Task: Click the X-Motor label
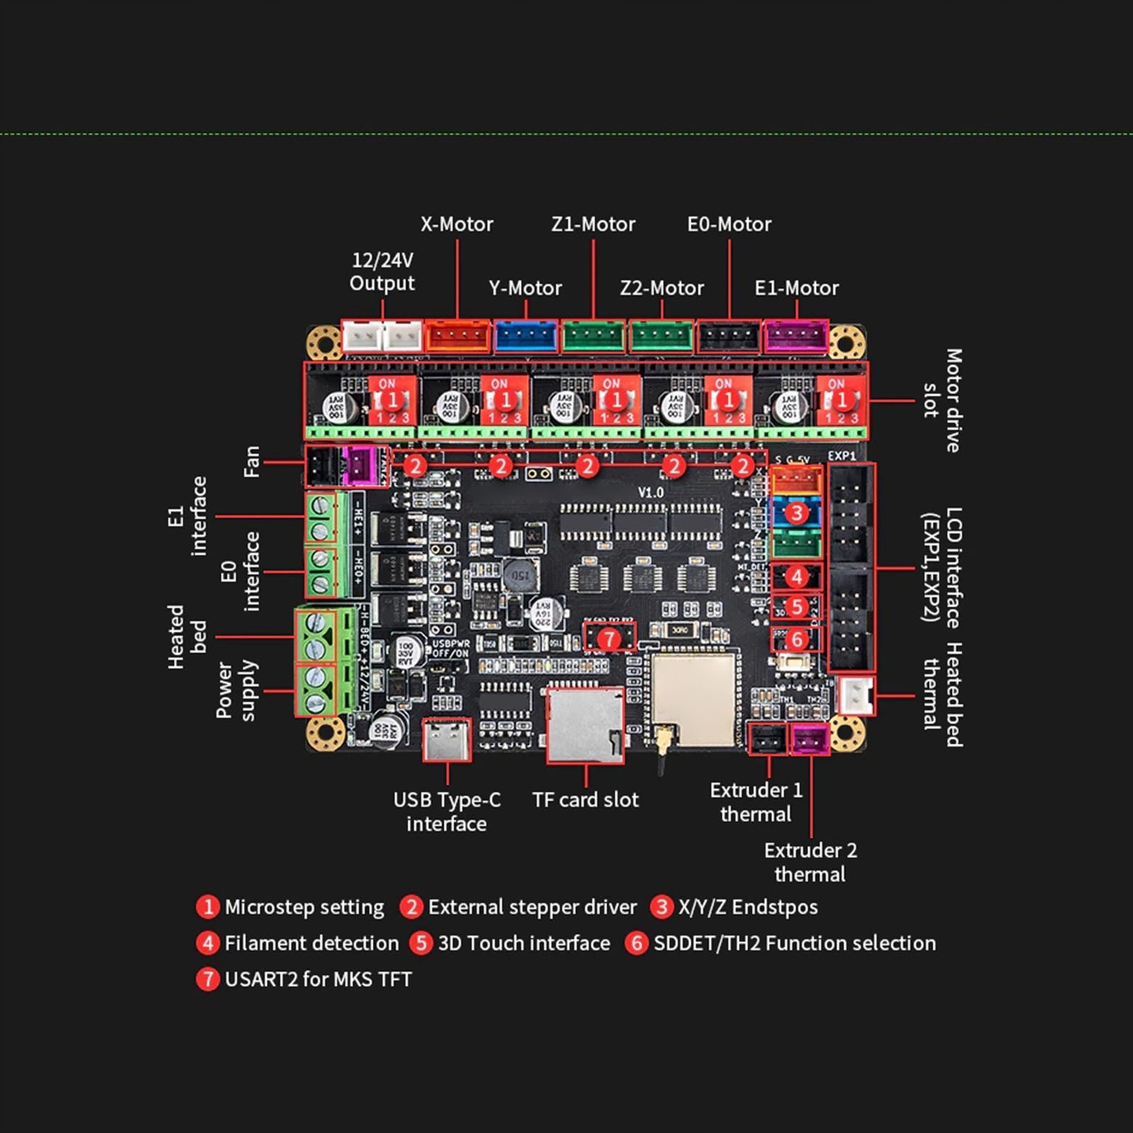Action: [x=456, y=224]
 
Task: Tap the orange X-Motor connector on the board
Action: [x=457, y=337]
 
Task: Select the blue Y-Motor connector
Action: [x=526, y=337]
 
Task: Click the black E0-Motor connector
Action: [x=729, y=337]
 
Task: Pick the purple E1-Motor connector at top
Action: [x=796, y=337]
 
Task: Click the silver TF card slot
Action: [x=585, y=725]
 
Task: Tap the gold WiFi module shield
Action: [x=693, y=699]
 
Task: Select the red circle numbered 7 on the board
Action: [x=609, y=639]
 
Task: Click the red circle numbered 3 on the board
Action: [x=796, y=513]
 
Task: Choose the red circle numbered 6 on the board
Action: [x=796, y=639]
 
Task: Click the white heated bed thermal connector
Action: [x=855, y=696]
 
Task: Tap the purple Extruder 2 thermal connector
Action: [x=810, y=740]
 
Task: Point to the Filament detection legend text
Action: [x=312, y=943]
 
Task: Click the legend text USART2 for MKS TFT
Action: [x=318, y=980]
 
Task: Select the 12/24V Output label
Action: [x=382, y=271]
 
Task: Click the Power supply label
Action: [x=236, y=690]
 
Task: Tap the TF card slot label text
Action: [x=585, y=800]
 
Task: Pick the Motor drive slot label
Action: [x=943, y=400]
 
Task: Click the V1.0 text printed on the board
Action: [x=651, y=493]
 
